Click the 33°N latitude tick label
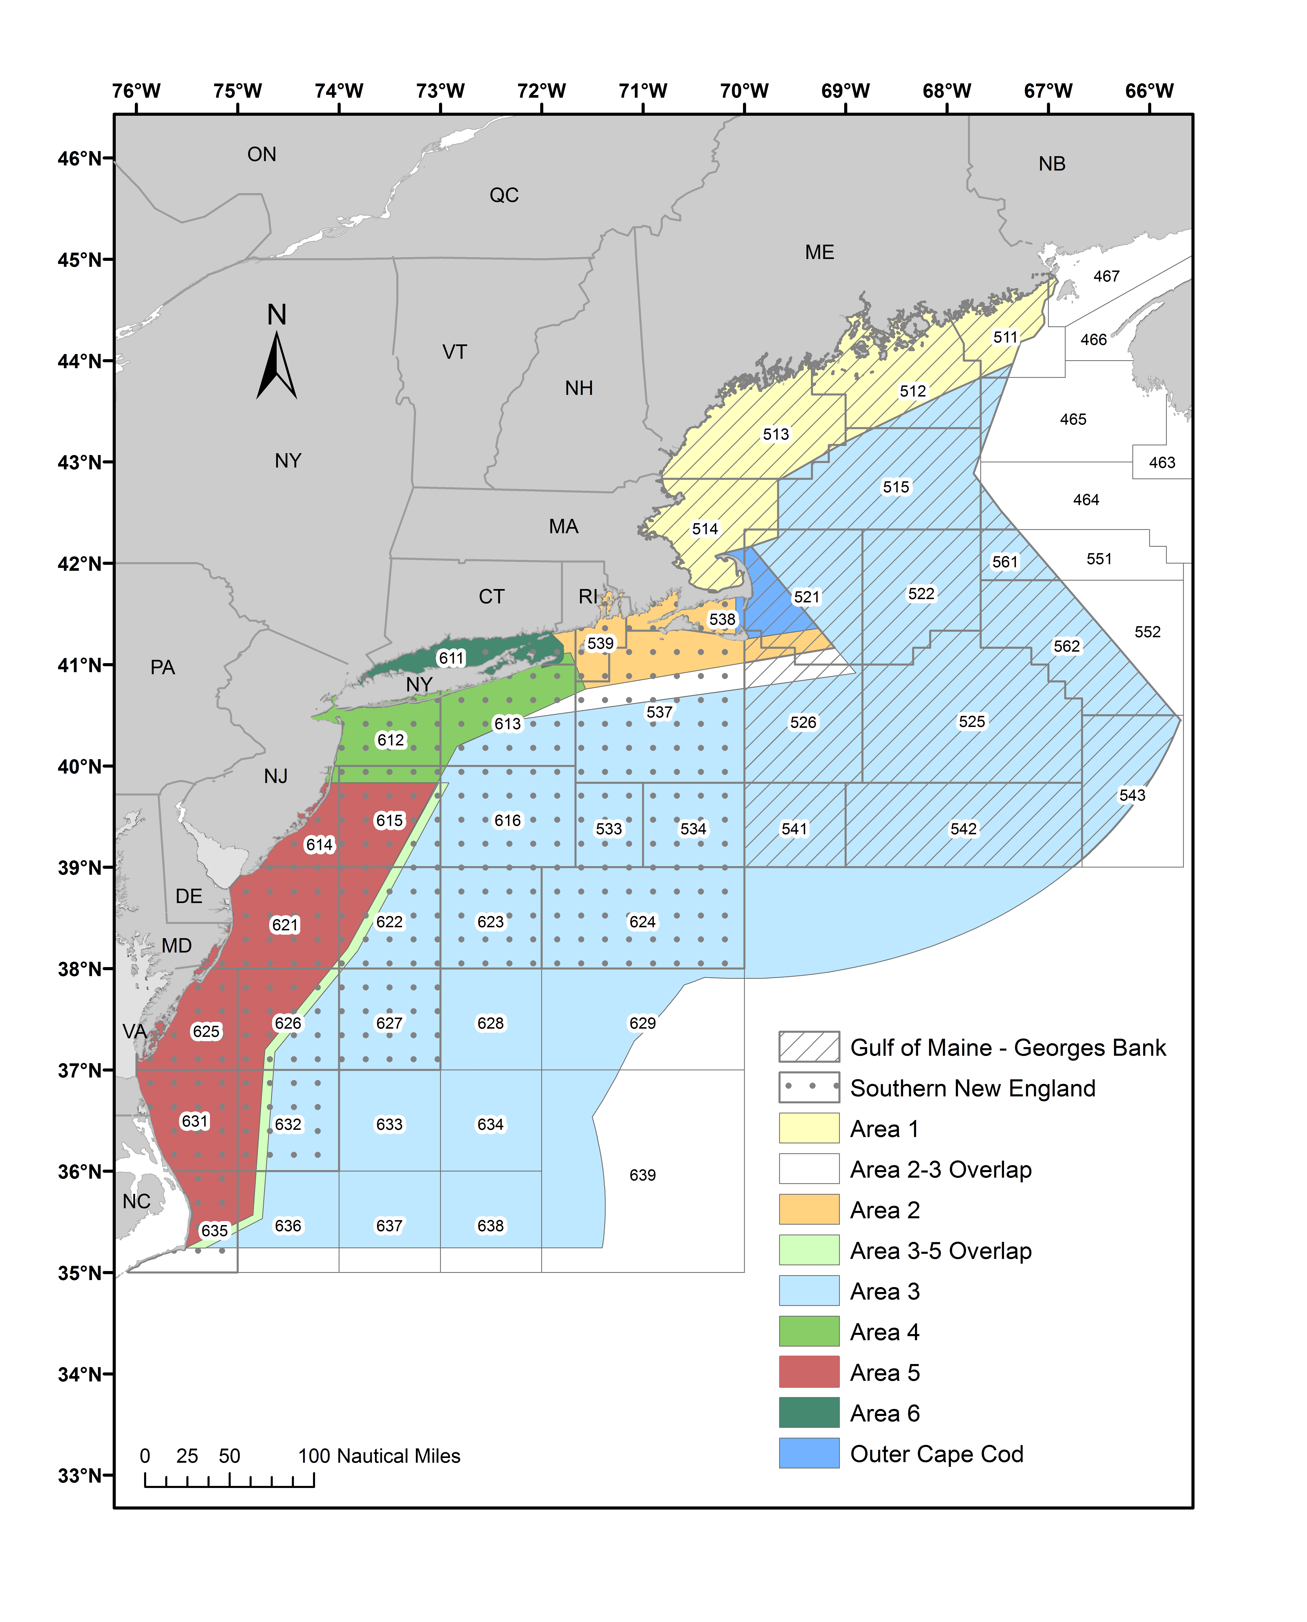click(x=79, y=1475)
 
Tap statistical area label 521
click(x=806, y=597)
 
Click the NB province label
click(x=1052, y=164)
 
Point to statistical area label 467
click(x=1106, y=276)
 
